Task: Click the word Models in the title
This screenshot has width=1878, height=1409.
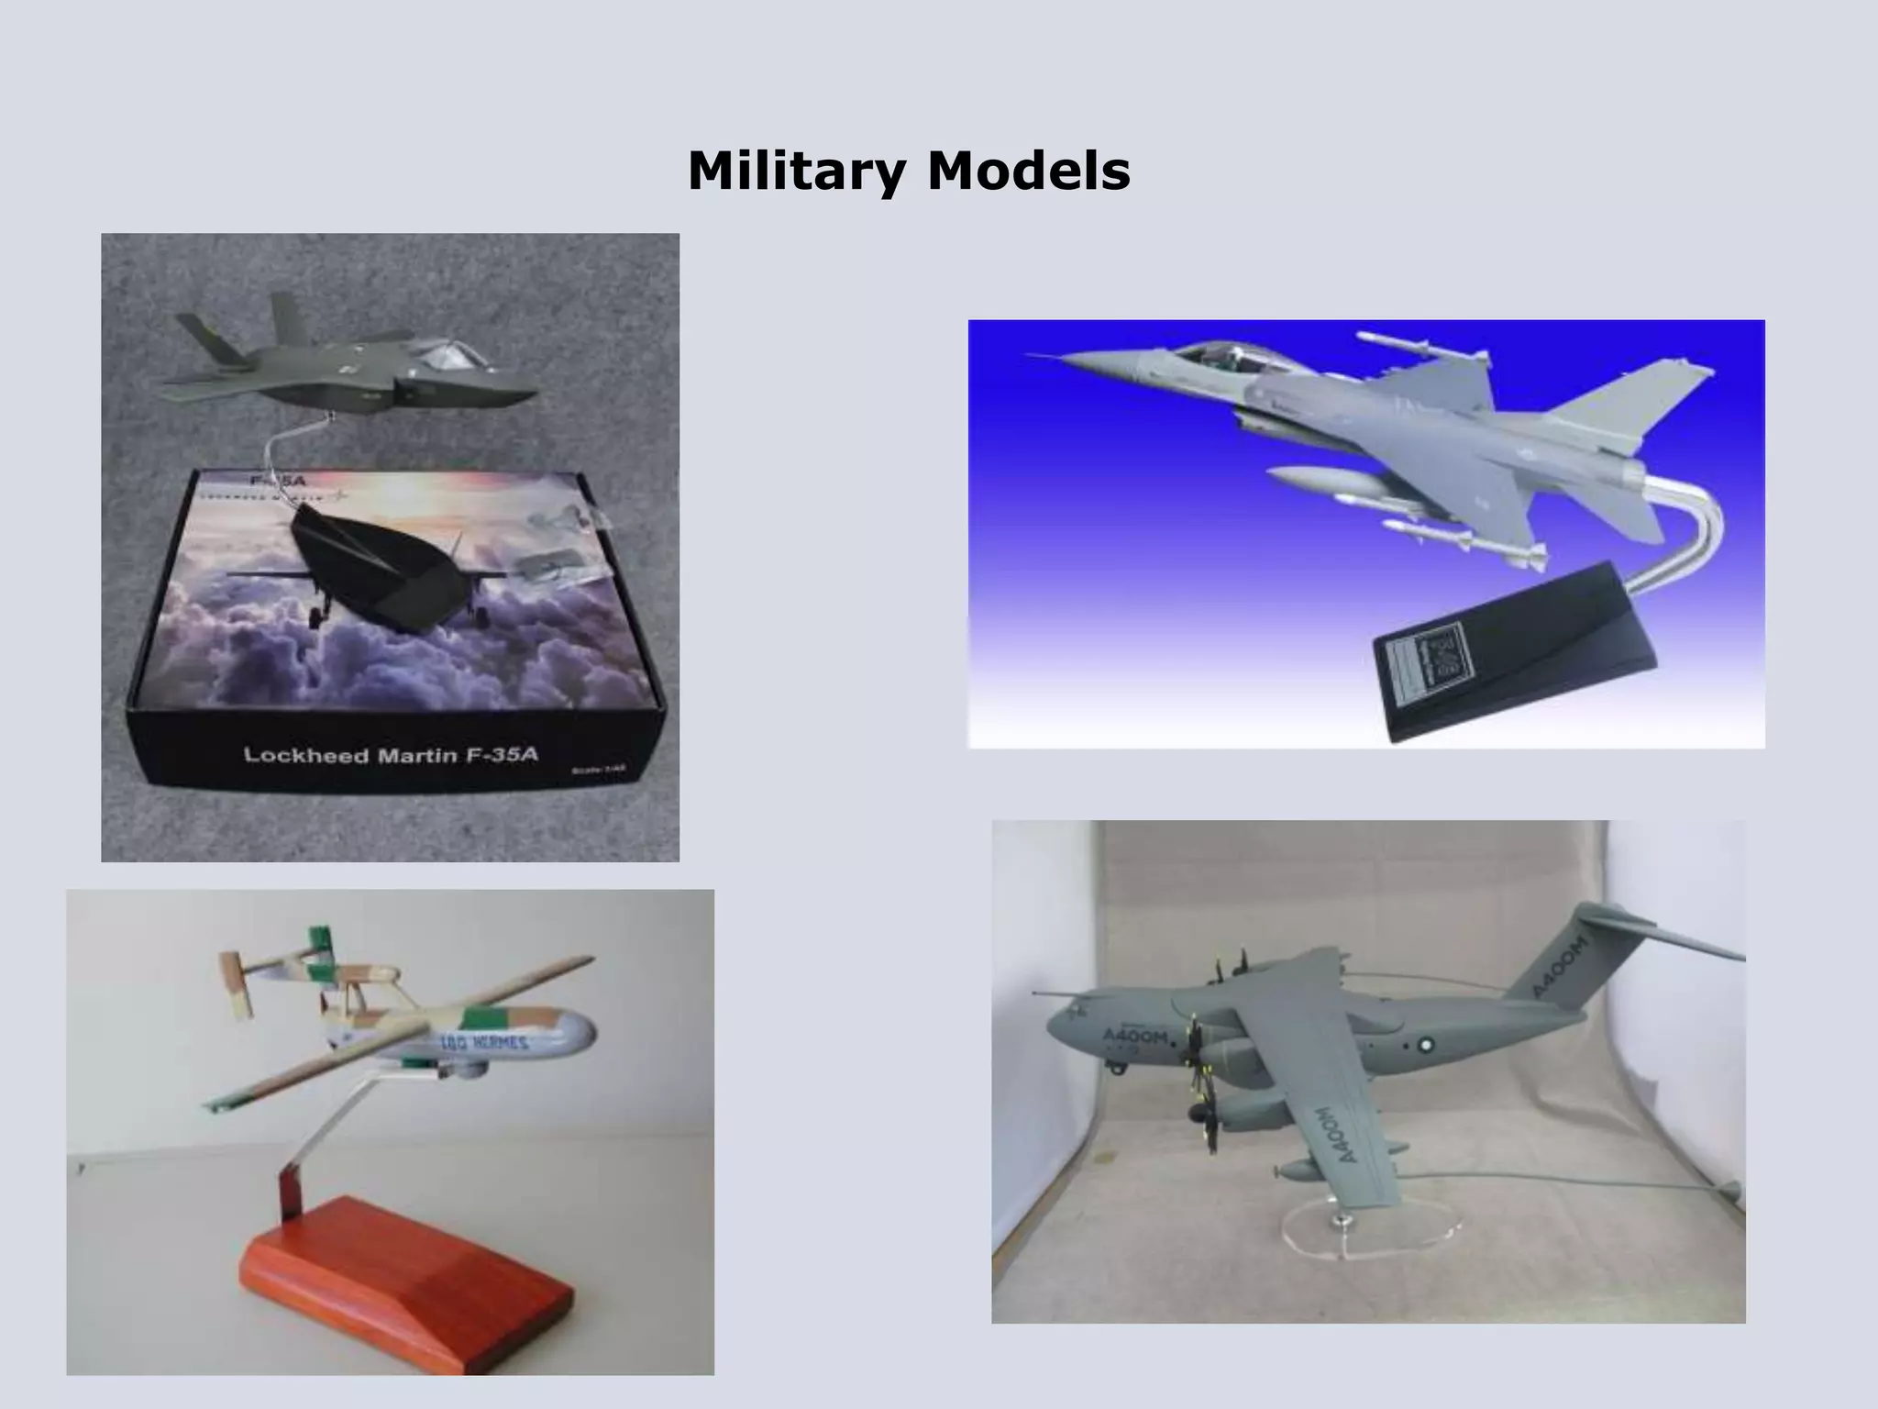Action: coord(1028,172)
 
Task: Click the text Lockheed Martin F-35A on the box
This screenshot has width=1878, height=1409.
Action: coord(391,755)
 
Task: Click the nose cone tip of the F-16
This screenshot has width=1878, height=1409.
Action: coord(1032,356)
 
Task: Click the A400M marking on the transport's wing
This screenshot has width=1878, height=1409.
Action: coord(1335,1134)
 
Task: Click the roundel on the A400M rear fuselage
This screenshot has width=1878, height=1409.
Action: coord(1426,1044)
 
